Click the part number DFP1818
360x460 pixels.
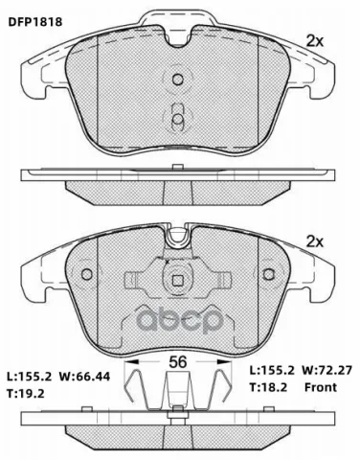[x=35, y=22]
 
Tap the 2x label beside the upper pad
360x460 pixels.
[x=315, y=41]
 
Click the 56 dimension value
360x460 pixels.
[x=177, y=362]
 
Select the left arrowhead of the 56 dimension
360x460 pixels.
[x=131, y=362]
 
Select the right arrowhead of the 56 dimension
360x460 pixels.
[x=224, y=362]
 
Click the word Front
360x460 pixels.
[x=321, y=387]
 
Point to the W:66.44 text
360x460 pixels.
[x=84, y=377]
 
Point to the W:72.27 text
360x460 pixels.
[x=327, y=370]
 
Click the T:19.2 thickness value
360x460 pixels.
[x=26, y=394]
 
